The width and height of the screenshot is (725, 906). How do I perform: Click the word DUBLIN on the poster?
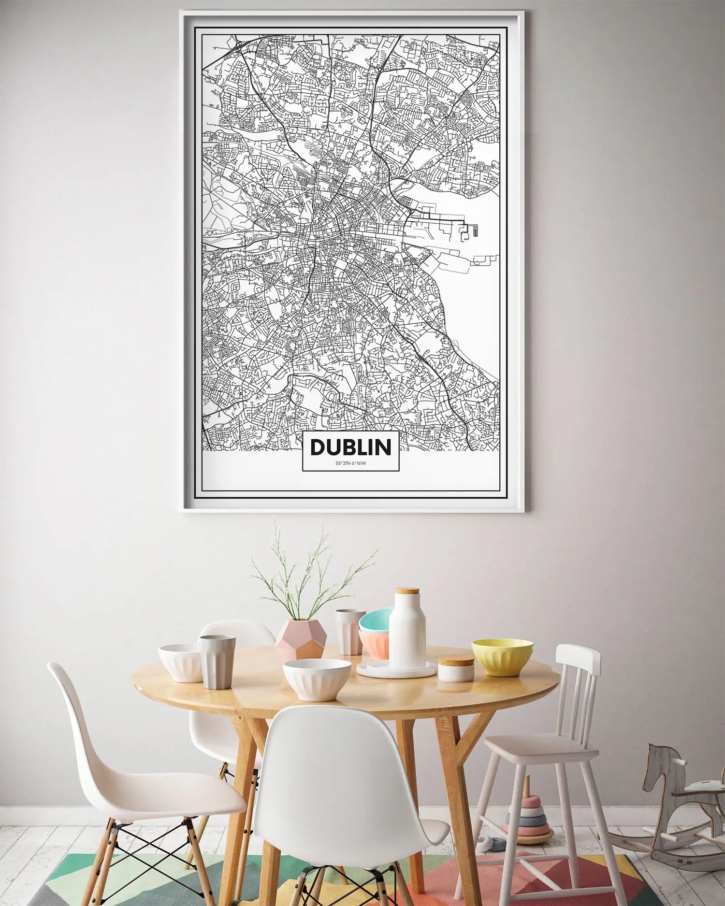click(x=350, y=447)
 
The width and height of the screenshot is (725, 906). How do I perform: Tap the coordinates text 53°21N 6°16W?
click(x=350, y=464)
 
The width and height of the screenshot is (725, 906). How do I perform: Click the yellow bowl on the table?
click(x=502, y=657)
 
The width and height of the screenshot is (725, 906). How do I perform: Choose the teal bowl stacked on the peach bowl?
click(x=376, y=620)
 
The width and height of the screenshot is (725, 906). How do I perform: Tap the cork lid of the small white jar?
click(x=456, y=661)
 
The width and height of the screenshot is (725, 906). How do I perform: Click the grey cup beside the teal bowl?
click(x=349, y=631)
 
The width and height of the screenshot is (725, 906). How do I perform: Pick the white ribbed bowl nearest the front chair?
click(x=317, y=679)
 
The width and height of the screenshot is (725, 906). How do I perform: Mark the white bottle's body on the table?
click(x=407, y=633)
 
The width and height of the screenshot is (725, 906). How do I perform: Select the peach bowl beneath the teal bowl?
click(x=374, y=645)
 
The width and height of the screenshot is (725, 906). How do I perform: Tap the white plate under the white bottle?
click(x=396, y=671)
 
